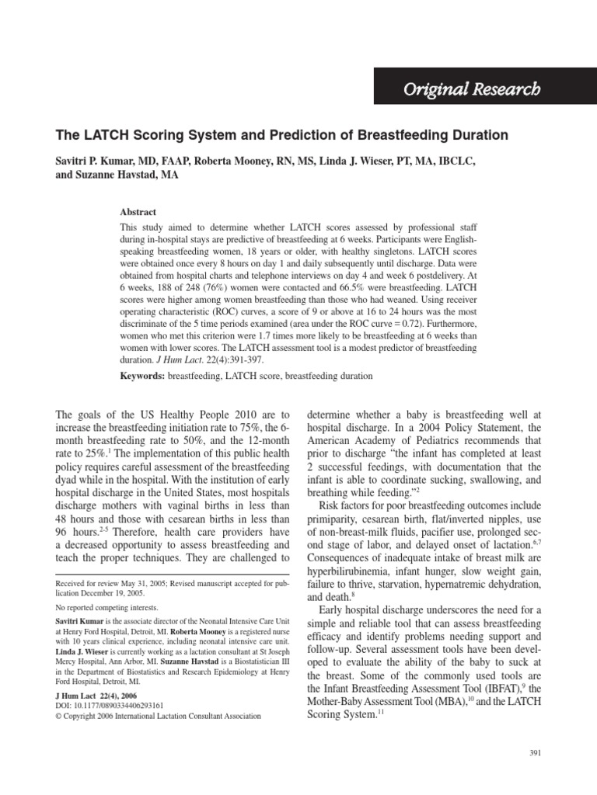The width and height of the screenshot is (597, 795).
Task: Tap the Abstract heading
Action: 138,212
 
